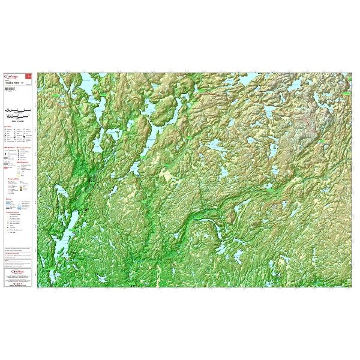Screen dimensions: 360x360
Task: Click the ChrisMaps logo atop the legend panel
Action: tap(13, 76)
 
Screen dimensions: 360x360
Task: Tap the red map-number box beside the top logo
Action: tap(31, 77)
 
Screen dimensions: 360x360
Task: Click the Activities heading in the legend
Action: tap(8, 127)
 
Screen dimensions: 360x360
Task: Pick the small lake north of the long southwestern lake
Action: tap(61, 192)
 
